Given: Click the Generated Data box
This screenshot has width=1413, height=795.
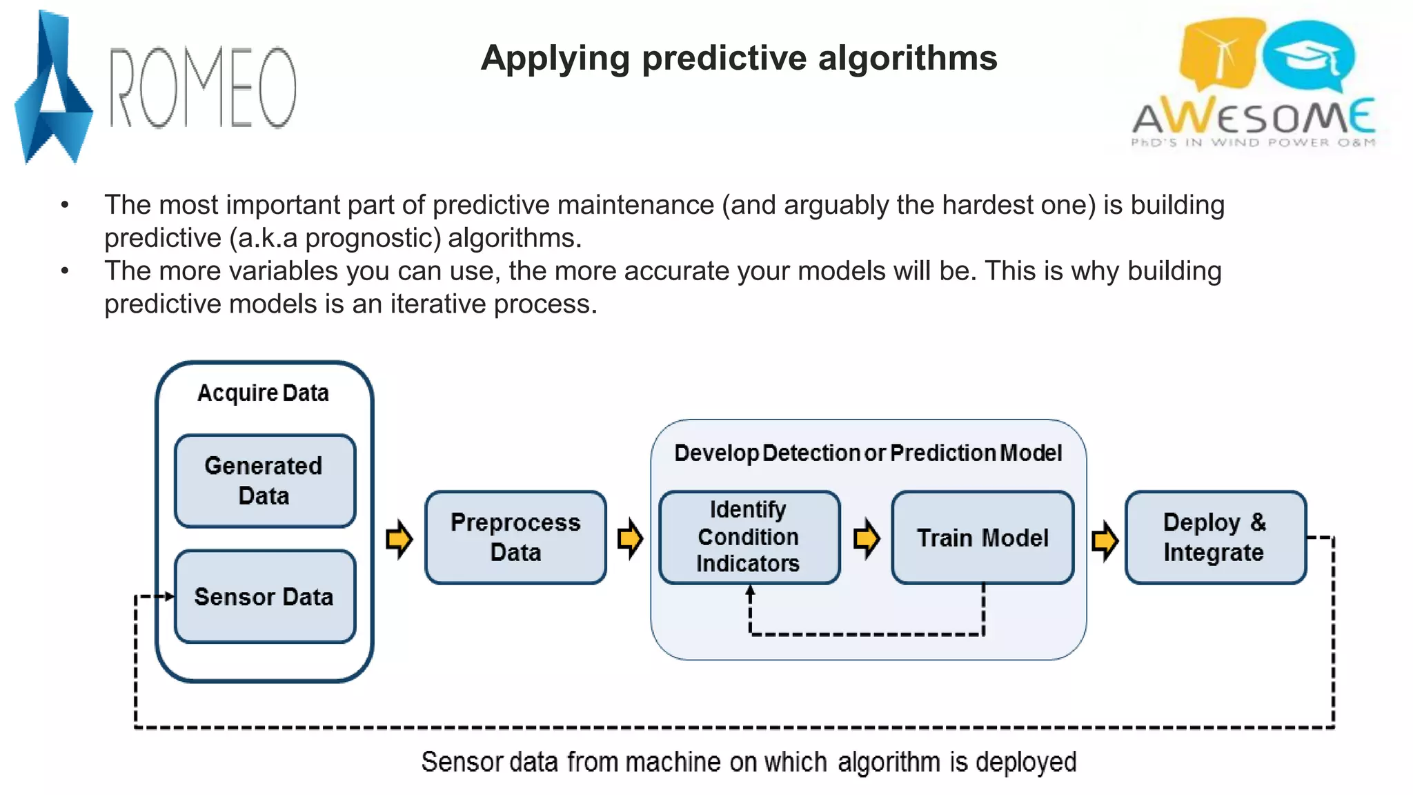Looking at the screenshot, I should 265,481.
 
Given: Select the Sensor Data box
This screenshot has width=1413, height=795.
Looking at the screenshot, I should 265,597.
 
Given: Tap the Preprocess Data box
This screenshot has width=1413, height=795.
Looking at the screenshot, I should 515,538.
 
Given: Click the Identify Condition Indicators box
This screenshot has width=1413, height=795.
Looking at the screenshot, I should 749,537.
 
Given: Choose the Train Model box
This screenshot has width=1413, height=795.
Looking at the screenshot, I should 982,538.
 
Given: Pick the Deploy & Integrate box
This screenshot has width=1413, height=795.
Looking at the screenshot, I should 1215,538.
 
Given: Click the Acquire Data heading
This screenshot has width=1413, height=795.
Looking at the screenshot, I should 263,393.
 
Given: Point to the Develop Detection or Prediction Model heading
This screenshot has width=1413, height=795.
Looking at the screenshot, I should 868,453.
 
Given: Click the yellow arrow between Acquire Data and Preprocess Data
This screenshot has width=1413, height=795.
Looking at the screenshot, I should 399,539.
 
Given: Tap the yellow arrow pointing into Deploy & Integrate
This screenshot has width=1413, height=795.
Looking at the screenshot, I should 1105,540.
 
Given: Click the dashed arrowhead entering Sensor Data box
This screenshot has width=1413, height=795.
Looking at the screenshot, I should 168,596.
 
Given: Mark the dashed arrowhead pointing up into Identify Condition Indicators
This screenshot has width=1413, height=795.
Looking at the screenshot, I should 750,591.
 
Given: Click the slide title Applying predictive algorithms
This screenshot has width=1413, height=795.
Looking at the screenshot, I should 739,57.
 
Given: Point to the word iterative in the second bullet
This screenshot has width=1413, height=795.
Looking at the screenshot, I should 437,304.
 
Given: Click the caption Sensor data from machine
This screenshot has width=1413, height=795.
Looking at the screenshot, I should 749,762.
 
